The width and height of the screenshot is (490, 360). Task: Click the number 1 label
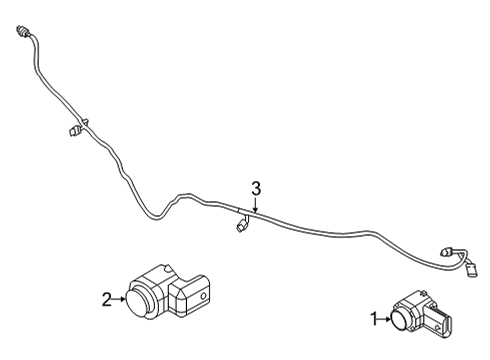(x=374, y=320)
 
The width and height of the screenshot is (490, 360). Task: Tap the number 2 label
(x=106, y=296)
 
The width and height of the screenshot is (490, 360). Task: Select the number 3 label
(x=256, y=187)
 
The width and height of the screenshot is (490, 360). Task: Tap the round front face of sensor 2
(x=133, y=297)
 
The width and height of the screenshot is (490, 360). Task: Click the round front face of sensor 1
(x=398, y=320)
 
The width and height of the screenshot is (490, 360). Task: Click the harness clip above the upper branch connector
(x=86, y=121)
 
